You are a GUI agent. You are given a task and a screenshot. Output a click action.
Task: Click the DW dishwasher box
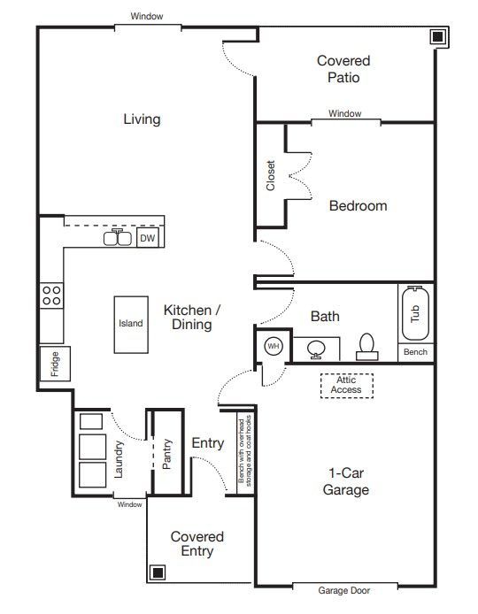(x=148, y=238)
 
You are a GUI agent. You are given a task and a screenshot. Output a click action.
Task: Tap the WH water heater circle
(x=273, y=347)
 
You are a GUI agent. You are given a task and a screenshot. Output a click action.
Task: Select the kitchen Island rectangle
(x=130, y=324)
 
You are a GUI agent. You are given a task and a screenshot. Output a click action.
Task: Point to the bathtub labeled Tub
(x=415, y=313)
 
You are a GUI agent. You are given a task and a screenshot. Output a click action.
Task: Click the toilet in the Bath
(x=366, y=347)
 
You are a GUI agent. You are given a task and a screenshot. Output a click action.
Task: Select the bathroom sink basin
(x=316, y=349)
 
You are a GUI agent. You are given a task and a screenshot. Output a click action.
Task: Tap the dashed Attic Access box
(x=346, y=385)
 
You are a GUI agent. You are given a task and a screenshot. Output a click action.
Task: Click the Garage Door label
(x=344, y=590)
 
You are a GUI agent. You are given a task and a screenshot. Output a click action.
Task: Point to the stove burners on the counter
(x=51, y=295)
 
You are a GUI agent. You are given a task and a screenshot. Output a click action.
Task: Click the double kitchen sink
(x=118, y=238)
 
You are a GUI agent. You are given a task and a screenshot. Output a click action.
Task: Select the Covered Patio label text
(x=343, y=69)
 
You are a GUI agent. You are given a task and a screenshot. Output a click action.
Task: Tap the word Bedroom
(x=358, y=205)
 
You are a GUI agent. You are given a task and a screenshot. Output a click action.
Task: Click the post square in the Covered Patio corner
(x=437, y=36)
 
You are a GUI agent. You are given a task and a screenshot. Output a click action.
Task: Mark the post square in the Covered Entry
(x=158, y=572)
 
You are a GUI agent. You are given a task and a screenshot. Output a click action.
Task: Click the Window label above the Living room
(x=146, y=16)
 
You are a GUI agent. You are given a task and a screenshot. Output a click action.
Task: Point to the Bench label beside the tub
(x=415, y=352)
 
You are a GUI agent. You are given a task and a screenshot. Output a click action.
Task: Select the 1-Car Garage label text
(x=345, y=481)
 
